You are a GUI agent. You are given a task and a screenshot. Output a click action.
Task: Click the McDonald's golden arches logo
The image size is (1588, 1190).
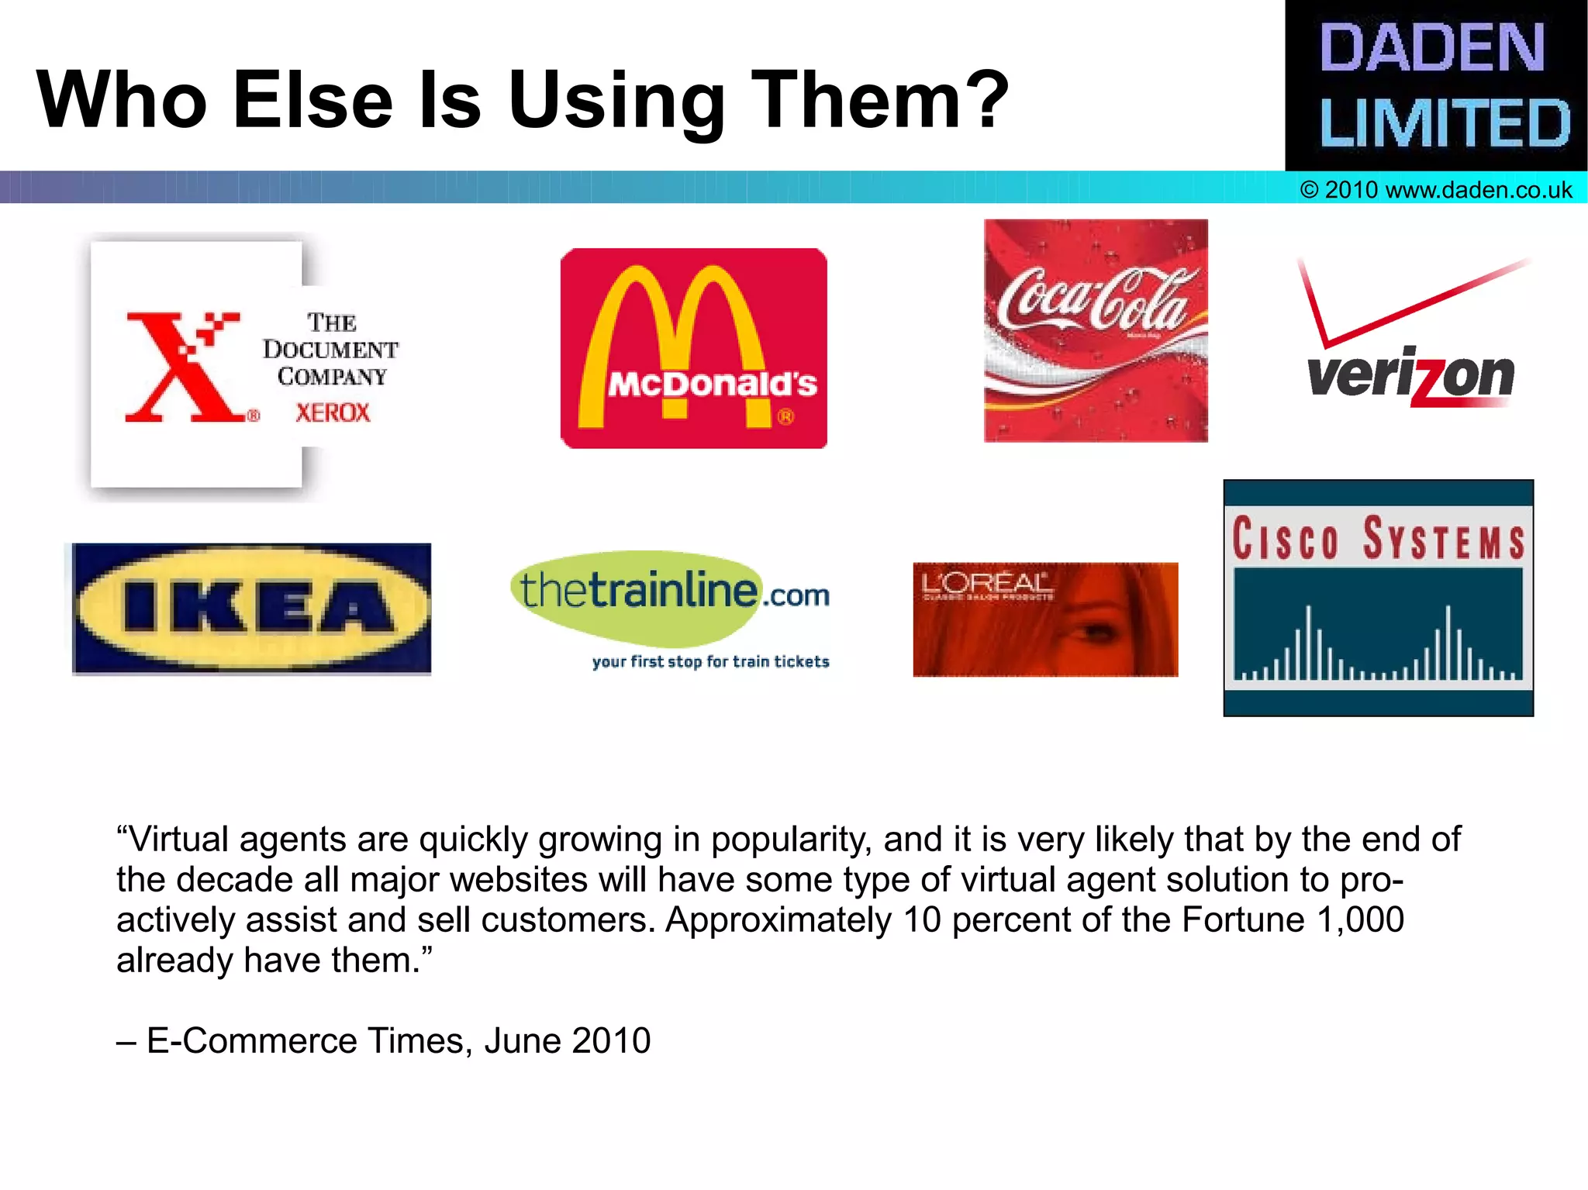pos(693,348)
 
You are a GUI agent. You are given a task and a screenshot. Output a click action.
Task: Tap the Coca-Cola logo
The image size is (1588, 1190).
pos(1095,330)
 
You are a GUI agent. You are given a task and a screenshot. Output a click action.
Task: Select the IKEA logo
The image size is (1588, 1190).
pos(251,609)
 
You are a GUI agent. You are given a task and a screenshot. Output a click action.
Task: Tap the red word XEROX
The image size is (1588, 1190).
pos(333,412)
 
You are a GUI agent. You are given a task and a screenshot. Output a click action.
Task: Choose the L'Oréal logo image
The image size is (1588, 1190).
pos(1044,619)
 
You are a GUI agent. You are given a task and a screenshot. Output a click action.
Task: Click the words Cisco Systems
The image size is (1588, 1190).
pos(1378,538)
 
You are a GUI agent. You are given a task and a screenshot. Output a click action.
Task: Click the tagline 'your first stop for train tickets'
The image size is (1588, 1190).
pos(710,661)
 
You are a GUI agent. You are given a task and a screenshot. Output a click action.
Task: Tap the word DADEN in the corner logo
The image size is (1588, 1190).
pos(1431,48)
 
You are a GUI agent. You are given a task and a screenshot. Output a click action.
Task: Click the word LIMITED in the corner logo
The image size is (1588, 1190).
pos(1444,123)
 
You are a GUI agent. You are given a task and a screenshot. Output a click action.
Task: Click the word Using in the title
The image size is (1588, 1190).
pos(616,101)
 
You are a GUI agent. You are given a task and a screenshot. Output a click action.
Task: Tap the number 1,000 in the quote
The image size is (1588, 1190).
pos(1361,919)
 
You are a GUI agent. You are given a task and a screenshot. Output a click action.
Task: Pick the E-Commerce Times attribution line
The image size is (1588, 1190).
pos(384,1040)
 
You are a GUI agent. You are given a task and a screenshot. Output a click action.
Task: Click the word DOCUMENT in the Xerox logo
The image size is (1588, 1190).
pos(330,350)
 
